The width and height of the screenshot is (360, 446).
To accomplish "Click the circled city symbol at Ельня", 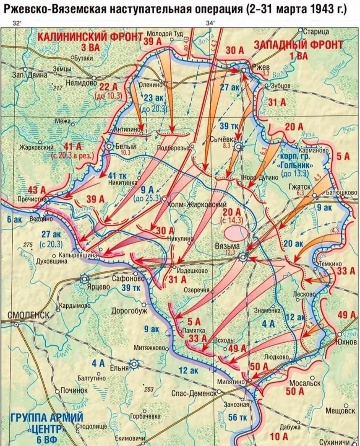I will coord(134,364).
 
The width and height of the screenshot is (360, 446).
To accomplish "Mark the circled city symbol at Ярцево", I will coord(85,279).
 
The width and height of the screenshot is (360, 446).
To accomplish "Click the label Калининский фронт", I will coord(90,37).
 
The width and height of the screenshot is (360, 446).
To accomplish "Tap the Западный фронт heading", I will coord(298,45).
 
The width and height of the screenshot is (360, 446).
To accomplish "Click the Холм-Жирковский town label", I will coord(196,204).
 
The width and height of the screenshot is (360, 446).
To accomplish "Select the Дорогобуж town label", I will coord(129,311).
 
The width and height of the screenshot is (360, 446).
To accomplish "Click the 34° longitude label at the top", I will coord(211,23).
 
